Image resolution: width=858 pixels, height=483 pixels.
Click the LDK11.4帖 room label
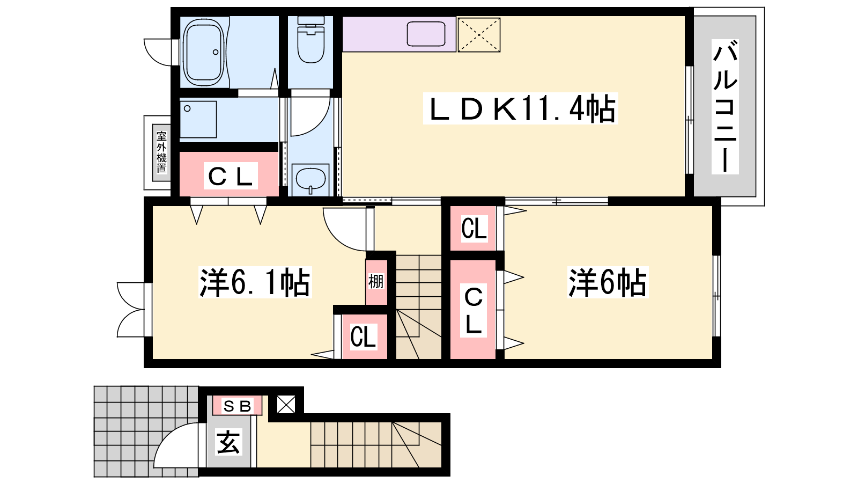click(x=520, y=108)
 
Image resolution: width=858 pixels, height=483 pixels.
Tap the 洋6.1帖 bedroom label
click(x=255, y=282)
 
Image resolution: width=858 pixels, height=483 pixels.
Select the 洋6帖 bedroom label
click(x=608, y=282)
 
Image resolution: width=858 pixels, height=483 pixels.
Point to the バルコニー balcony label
click(x=724, y=107)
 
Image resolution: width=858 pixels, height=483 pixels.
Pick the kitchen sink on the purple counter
click(x=426, y=34)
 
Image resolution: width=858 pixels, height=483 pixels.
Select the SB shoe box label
click(x=237, y=406)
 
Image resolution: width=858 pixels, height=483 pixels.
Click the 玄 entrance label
click(x=228, y=442)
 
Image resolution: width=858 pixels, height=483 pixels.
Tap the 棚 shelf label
click(x=376, y=282)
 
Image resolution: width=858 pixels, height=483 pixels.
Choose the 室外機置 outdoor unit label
click(x=161, y=152)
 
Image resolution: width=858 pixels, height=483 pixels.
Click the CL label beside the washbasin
click(x=230, y=177)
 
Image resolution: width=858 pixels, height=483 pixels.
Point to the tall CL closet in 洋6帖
click(x=474, y=310)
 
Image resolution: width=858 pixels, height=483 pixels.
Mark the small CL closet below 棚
click(x=363, y=336)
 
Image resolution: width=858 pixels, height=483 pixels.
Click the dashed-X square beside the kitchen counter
click(x=479, y=34)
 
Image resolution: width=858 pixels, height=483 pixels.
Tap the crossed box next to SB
click(x=286, y=405)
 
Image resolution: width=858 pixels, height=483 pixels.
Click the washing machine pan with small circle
click(x=198, y=119)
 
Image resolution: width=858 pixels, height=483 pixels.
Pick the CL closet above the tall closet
click(x=474, y=229)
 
